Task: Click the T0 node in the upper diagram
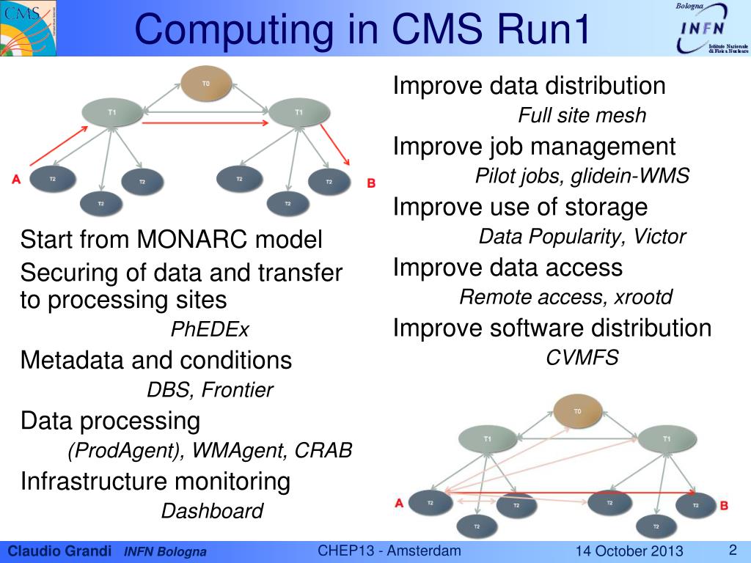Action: click(x=206, y=84)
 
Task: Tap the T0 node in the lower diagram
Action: click(x=577, y=411)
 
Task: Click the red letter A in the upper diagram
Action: click(x=15, y=177)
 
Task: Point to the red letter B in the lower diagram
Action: click(x=724, y=505)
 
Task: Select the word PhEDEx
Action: click(x=210, y=330)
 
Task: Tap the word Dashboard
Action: click(x=212, y=511)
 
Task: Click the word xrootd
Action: click(x=644, y=298)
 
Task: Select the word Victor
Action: click(x=660, y=237)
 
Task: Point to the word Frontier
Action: click(x=237, y=390)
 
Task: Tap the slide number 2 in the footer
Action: click(x=732, y=550)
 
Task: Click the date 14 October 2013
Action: click(x=629, y=551)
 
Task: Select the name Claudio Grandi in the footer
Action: click(x=59, y=551)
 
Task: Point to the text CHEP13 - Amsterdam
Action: click(x=389, y=551)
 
